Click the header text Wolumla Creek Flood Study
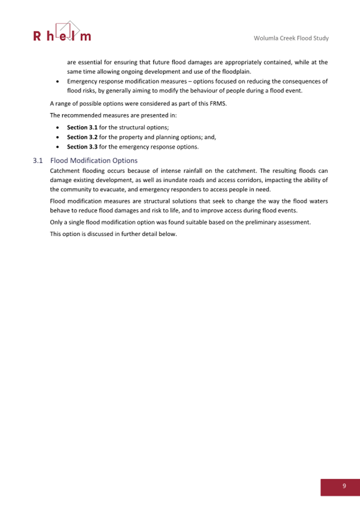291,38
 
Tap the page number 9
344,486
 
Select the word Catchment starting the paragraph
66,171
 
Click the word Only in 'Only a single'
57,222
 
